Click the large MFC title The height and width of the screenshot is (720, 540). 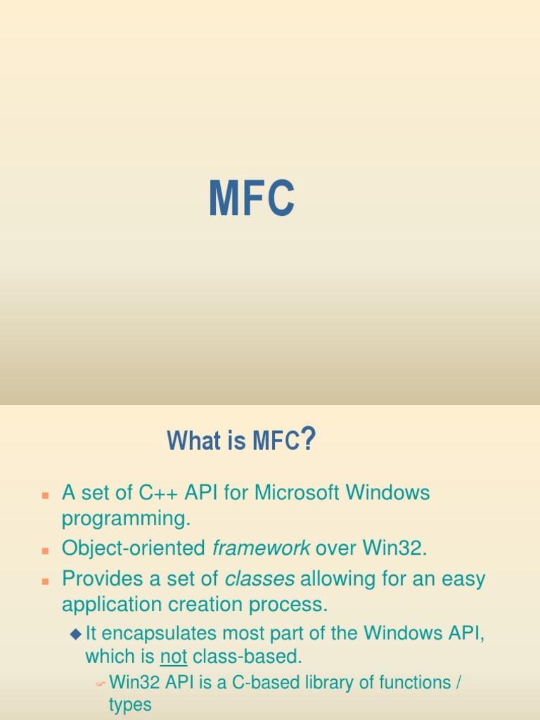(x=252, y=198)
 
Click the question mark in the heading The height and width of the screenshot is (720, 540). (x=309, y=439)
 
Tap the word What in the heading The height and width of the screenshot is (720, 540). (x=194, y=440)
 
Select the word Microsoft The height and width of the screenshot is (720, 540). (x=297, y=492)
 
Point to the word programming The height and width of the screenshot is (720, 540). (x=126, y=519)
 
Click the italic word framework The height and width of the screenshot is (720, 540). (x=261, y=548)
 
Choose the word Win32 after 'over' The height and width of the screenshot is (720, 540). (x=392, y=548)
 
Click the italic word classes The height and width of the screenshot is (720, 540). (x=259, y=579)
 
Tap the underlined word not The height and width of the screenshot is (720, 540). (x=174, y=657)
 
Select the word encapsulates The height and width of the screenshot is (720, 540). (x=159, y=634)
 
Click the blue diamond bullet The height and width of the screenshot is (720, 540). (x=76, y=635)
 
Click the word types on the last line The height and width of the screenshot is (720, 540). (x=130, y=705)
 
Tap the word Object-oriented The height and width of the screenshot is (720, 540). (x=133, y=548)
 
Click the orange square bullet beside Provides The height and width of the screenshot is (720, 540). (x=45, y=581)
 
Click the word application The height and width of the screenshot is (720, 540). (x=112, y=605)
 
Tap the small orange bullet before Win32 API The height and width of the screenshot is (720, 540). (x=101, y=684)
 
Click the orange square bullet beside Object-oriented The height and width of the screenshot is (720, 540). (x=45, y=551)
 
